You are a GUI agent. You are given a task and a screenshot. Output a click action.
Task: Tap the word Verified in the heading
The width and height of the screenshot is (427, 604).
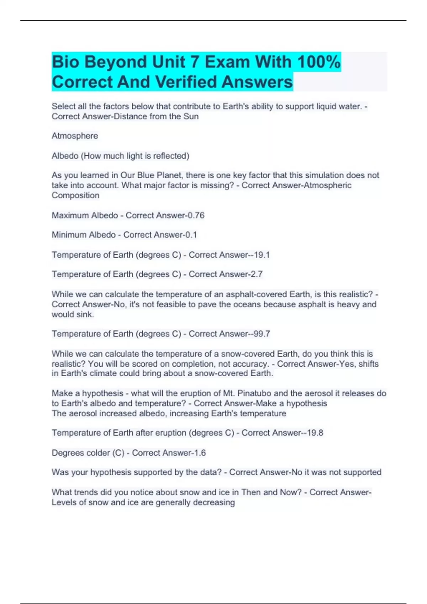(x=187, y=82)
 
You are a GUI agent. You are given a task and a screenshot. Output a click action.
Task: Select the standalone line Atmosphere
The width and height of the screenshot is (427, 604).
(x=75, y=136)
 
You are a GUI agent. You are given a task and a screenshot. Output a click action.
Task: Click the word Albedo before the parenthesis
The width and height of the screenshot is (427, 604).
(x=65, y=156)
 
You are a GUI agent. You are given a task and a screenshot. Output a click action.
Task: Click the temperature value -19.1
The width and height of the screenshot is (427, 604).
(x=260, y=255)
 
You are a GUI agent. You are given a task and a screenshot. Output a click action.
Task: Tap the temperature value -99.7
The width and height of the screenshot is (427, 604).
(x=260, y=334)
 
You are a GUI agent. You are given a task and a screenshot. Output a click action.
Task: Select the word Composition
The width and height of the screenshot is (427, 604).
(x=75, y=195)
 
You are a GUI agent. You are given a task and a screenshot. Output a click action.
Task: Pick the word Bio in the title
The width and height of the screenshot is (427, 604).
(x=66, y=62)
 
